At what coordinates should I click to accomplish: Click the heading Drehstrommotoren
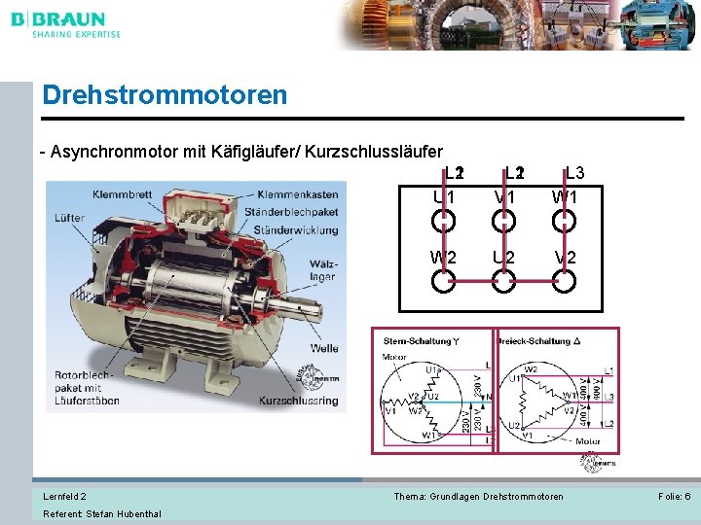point(165,95)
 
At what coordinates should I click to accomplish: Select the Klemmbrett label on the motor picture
point(123,194)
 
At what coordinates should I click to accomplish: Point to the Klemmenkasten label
point(298,194)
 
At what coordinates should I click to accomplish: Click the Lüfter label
point(69,218)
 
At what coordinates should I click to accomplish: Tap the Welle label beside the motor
point(324,347)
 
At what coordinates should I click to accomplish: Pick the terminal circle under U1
point(443,221)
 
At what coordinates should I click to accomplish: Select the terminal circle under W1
point(564,221)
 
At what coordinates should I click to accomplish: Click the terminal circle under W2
point(443,282)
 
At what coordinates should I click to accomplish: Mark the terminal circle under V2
point(564,282)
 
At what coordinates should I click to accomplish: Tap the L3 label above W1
point(574,174)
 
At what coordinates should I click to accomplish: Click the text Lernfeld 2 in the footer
point(64,497)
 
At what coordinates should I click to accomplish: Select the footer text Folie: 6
point(674,497)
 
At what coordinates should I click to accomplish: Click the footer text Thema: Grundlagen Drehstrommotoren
point(478,497)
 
